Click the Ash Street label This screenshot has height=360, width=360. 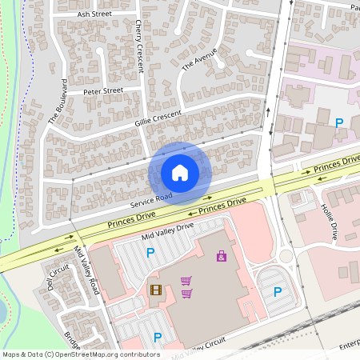pyautogui.click(x=94, y=14)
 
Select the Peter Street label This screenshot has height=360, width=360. pyautogui.click(x=103, y=91)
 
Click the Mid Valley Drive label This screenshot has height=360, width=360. pyautogui.click(x=167, y=231)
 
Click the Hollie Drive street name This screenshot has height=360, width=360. pyautogui.click(x=330, y=222)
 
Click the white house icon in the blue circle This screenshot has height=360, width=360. pyautogui.click(x=180, y=172)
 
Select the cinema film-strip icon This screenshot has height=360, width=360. pyautogui.click(x=155, y=290)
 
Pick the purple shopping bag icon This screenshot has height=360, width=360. pyautogui.click(x=221, y=256)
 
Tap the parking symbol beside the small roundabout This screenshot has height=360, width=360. pyautogui.click(x=278, y=292)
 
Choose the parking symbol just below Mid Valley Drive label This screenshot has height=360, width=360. pyautogui.click(x=150, y=254)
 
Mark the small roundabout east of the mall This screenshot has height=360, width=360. pyautogui.click(x=286, y=257)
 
